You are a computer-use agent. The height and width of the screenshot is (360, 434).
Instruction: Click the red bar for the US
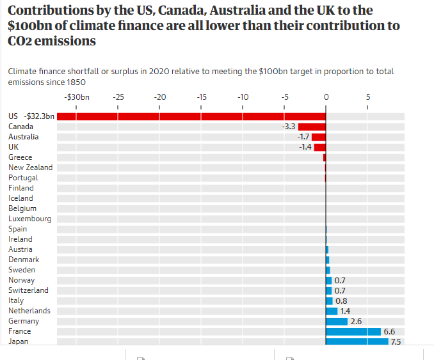192,116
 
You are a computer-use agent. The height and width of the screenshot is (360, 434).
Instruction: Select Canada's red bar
312,127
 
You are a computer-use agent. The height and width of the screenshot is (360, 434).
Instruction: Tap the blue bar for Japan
357,341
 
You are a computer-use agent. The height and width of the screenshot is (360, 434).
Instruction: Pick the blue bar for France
353,331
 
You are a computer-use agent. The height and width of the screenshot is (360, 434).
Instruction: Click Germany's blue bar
337,321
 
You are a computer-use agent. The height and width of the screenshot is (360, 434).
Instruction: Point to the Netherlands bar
332,311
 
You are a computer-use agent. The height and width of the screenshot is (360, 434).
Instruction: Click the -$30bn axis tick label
77,97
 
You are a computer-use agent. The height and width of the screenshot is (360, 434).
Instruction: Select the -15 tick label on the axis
201,97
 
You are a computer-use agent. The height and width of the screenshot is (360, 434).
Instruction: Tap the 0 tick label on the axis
326,97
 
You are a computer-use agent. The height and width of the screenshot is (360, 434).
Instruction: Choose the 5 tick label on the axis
367,97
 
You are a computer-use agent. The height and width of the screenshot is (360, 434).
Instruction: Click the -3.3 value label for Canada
289,127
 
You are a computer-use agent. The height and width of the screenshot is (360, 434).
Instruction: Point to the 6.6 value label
389,331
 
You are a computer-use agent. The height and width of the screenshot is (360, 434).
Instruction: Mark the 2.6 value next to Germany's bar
356,321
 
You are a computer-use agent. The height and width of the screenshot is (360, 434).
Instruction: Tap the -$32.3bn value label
39,116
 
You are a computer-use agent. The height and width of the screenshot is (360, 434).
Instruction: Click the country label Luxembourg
29,219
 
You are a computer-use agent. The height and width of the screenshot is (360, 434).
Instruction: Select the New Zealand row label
30,168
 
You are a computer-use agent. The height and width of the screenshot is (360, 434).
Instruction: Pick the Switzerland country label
28,290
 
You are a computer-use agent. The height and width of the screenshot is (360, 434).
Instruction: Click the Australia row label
23,137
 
